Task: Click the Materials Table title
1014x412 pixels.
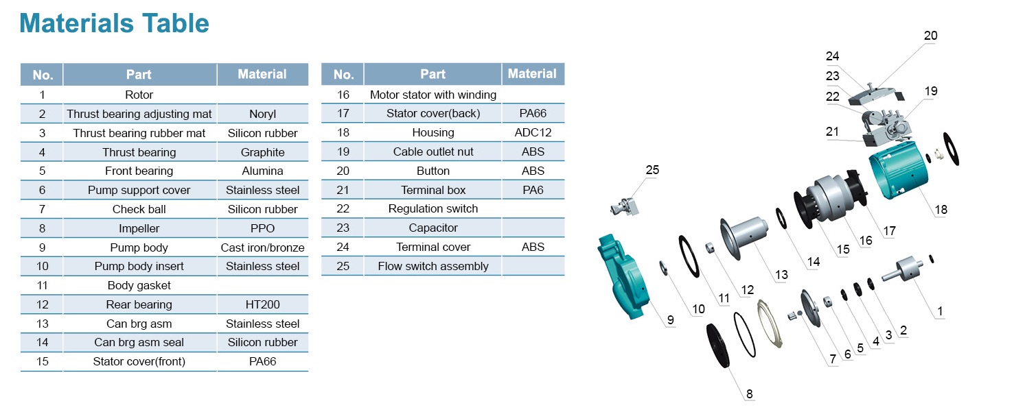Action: pyautogui.click(x=114, y=23)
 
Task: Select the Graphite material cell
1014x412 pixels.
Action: pyautogui.click(x=262, y=152)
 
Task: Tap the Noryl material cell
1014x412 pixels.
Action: pyautogui.click(x=262, y=114)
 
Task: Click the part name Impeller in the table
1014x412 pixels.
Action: pyautogui.click(x=139, y=228)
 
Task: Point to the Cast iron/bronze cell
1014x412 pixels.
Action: pyautogui.click(x=262, y=247)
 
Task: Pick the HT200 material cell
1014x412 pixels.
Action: pyautogui.click(x=262, y=304)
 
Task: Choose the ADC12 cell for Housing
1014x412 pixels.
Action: pyautogui.click(x=533, y=132)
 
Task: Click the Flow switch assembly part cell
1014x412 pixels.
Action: pyautogui.click(x=433, y=266)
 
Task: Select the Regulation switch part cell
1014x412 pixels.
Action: pyautogui.click(x=433, y=208)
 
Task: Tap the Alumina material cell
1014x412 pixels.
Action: pyautogui.click(x=262, y=171)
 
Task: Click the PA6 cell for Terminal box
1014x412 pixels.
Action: pyautogui.click(x=533, y=190)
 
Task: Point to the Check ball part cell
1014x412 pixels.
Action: pyautogui.click(x=139, y=209)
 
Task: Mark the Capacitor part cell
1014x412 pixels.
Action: pyautogui.click(x=433, y=228)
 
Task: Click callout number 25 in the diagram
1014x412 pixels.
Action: pyautogui.click(x=652, y=170)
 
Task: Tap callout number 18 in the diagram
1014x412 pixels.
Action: pyautogui.click(x=941, y=209)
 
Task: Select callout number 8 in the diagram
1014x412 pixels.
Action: pyautogui.click(x=749, y=393)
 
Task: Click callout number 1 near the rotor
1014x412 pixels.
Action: pyautogui.click(x=940, y=311)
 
